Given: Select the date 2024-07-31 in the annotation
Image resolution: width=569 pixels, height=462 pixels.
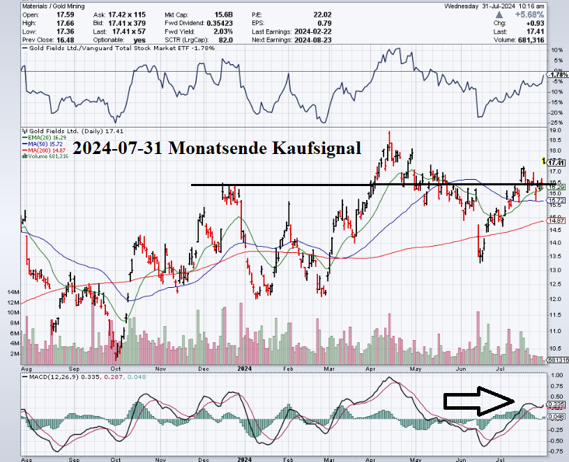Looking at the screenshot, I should point(114,148).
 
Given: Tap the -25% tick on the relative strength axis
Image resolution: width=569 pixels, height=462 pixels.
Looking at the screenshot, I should point(557,123).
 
